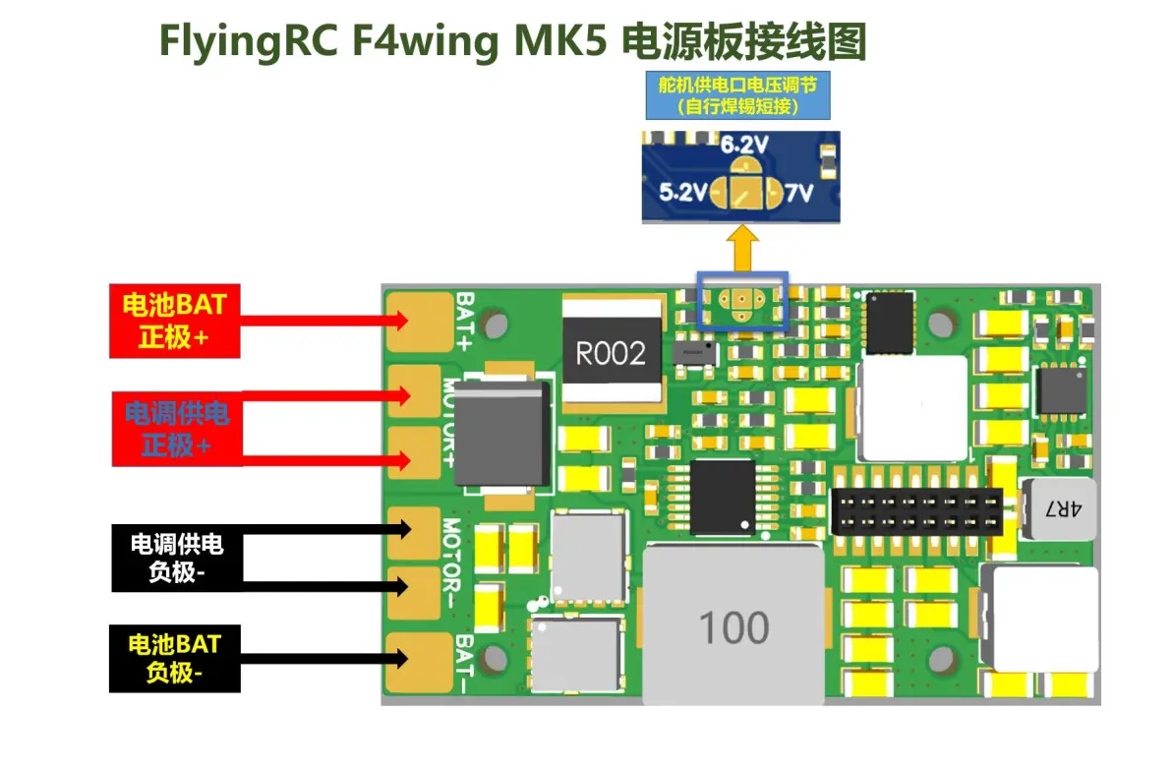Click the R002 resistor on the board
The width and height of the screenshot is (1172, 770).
click(611, 354)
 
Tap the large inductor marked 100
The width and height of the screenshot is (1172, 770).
click(733, 625)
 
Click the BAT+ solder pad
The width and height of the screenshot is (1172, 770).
click(413, 321)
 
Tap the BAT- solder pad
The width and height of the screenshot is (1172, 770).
click(413, 662)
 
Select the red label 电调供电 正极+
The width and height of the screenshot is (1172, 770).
click(176, 428)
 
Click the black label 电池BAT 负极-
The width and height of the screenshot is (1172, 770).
click(174, 660)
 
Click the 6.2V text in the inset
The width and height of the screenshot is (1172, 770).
click(744, 146)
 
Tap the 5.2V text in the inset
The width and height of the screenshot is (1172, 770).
click(681, 194)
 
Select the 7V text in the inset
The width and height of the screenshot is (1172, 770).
click(799, 194)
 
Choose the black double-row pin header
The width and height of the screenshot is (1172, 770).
click(916, 511)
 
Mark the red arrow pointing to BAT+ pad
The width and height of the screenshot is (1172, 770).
click(324, 320)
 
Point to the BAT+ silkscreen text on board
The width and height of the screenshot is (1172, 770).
click(464, 321)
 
